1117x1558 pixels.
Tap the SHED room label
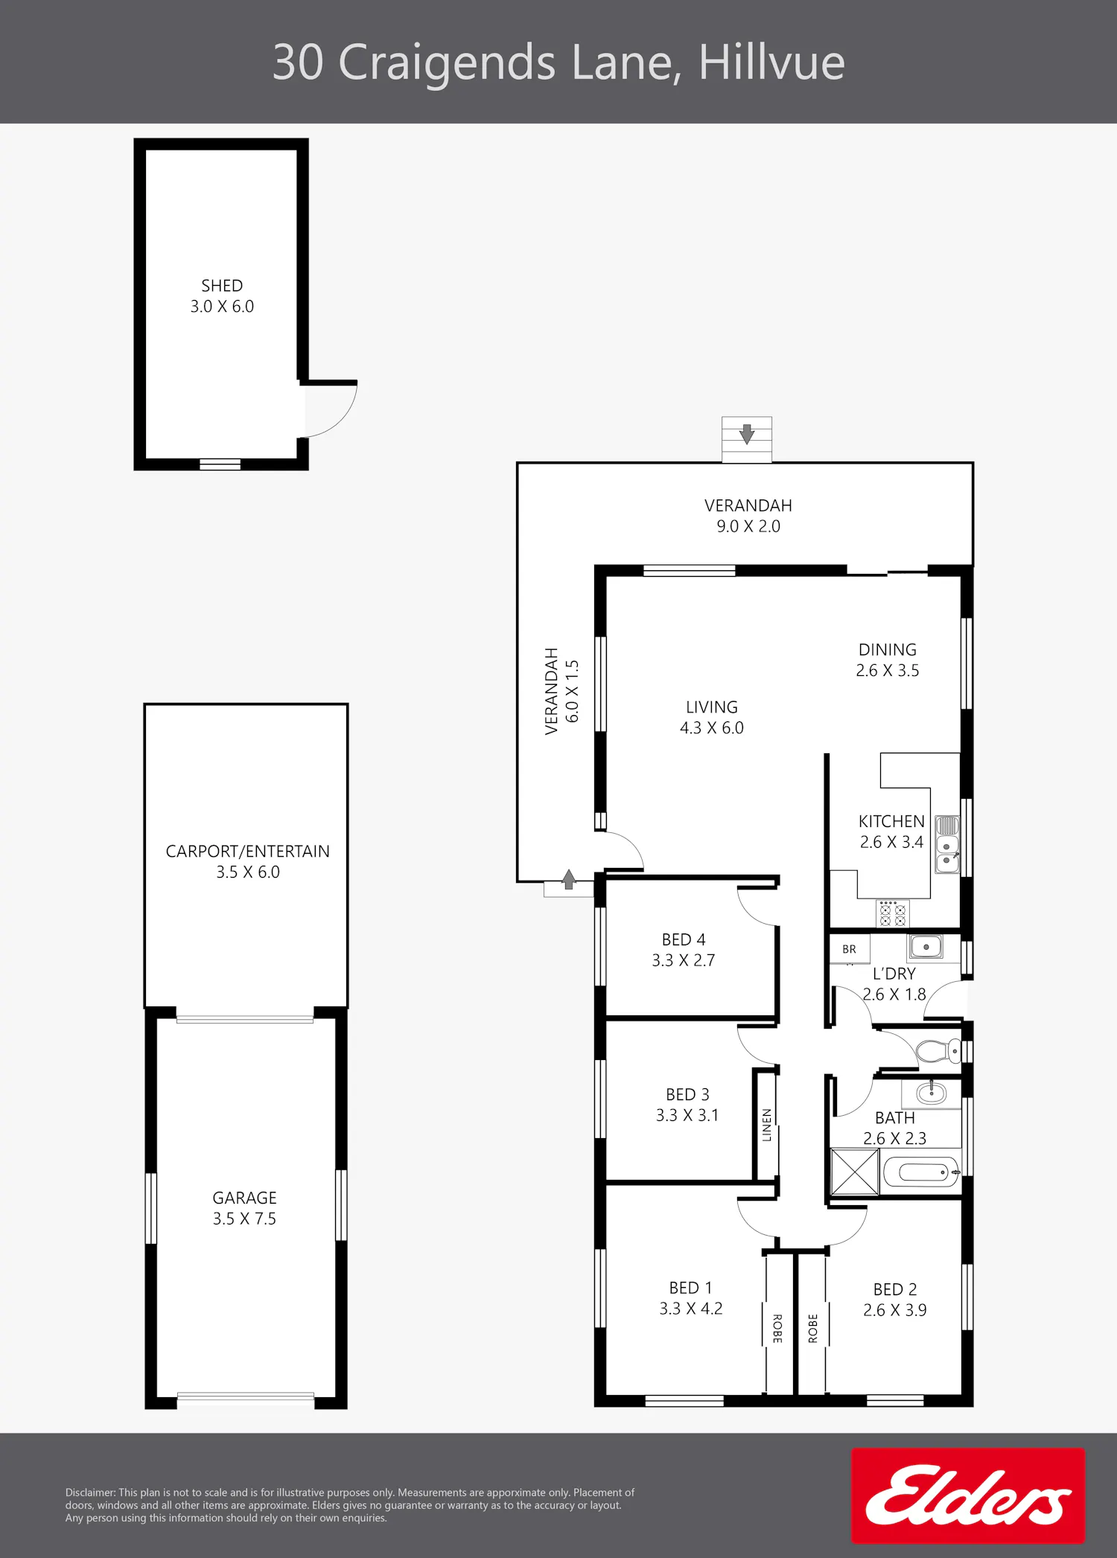pos(222,286)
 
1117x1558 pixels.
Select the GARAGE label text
pos(244,1198)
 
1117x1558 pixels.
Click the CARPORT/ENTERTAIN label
pos(247,851)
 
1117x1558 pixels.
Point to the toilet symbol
pos(938,1051)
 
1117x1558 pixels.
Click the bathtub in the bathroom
pos(921,1172)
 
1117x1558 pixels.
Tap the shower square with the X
pos(854,1172)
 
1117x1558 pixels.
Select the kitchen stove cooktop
pos(892,913)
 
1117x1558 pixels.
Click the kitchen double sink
pos(947,845)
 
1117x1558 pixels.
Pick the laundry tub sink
pos(926,947)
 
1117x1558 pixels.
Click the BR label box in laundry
pos(850,949)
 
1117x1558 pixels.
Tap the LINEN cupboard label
pos(766,1125)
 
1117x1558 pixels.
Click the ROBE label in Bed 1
pos(777,1329)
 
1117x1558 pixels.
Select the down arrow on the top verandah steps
pos(747,434)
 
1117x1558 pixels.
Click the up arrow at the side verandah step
pos(569,879)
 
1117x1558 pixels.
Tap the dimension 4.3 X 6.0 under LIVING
pos(711,728)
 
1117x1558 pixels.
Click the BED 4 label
pos(684,939)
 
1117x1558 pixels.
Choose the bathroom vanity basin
pos(931,1093)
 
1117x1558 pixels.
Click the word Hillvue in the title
pos(771,62)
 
